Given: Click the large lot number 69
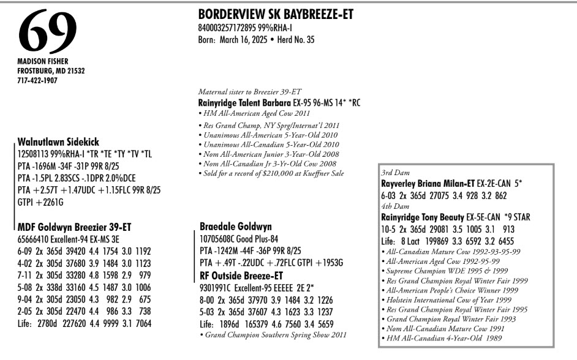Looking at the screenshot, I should (x=48, y=32).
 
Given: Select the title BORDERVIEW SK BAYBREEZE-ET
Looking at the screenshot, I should (x=276, y=15).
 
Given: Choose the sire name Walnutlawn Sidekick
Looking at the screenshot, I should (x=58, y=141).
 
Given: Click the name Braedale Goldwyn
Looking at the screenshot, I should (x=235, y=227).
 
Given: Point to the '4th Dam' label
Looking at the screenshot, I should (x=393, y=206).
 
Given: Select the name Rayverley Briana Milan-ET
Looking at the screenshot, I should (x=433, y=183).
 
